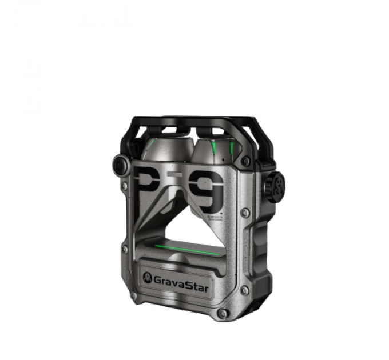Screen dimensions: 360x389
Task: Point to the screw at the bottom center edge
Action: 223,313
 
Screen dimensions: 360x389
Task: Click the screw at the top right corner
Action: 245,161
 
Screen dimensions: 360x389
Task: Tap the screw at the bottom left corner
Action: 133,296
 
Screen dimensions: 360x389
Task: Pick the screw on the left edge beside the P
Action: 124,186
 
